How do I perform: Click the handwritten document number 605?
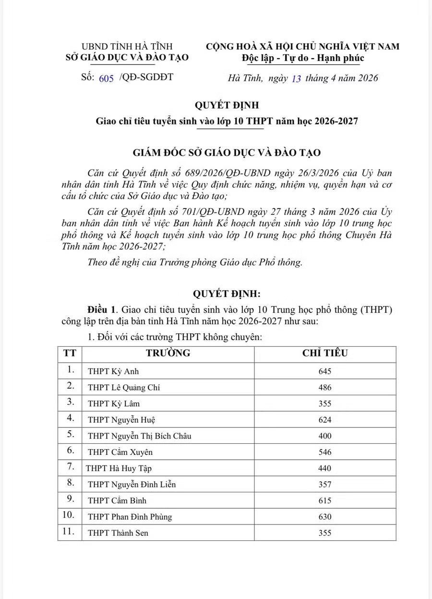point(106,79)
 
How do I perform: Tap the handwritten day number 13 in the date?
point(296,79)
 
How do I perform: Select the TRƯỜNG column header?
point(168,354)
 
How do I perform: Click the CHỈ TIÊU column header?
point(325,354)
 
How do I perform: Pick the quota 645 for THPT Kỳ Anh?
point(325,371)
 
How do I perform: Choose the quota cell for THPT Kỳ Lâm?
point(325,403)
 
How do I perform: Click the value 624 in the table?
point(325,420)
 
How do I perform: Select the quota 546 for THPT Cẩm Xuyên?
point(325,452)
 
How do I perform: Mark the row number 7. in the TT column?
point(70,468)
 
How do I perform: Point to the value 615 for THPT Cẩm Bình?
point(325,501)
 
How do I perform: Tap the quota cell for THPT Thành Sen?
point(325,533)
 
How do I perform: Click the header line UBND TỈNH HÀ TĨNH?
point(127,47)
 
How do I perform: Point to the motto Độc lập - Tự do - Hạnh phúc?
point(303,58)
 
